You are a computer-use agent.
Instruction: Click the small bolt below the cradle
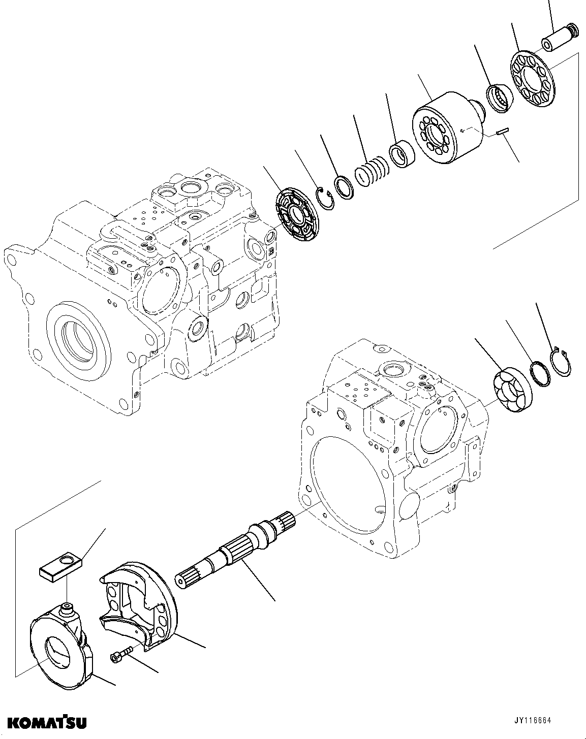click(x=121, y=654)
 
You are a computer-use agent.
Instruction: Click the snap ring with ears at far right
click(x=562, y=363)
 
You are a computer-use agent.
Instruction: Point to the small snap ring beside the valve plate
click(x=324, y=198)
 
